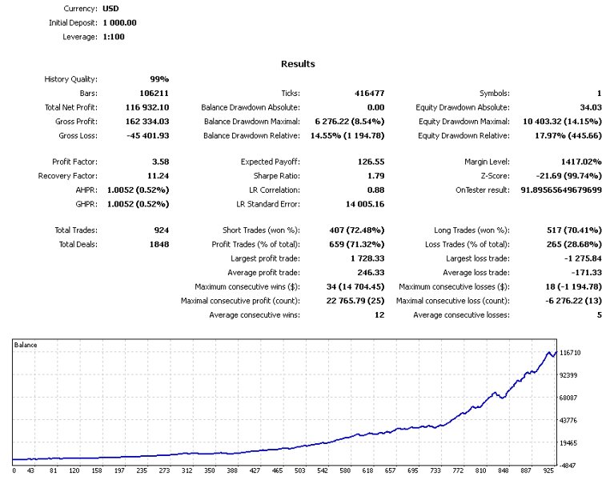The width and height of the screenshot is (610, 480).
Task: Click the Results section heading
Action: [x=298, y=64]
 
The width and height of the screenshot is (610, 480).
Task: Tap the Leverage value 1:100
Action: [x=114, y=36]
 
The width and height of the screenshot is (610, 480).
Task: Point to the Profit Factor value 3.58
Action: [x=159, y=162]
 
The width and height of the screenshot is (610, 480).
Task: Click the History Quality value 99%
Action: [x=159, y=79]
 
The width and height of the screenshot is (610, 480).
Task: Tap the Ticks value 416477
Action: [x=369, y=94]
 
